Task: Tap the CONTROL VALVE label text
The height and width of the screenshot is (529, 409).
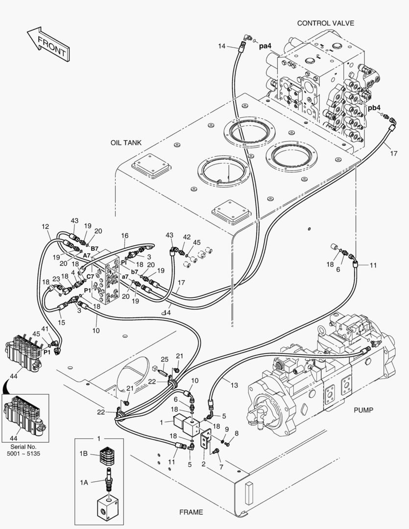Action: pyautogui.click(x=325, y=23)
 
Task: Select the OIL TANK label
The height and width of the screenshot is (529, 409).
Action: pyautogui.click(x=126, y=143)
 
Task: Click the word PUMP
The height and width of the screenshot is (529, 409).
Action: pyautogui.click(x=363, y=410)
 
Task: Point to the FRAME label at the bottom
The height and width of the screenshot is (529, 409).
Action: pyautogui.click(x=191, y=512)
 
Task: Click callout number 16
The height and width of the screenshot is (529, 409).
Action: pyautogui.click(x=125, y=236)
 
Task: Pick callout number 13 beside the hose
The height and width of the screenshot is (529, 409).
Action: pyautogui.click(x=234, y=385)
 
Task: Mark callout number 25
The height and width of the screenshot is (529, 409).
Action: pyautogui.click(x=165, y=360)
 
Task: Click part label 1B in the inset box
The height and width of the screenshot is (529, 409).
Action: pyautogui.click(x=83, y=454)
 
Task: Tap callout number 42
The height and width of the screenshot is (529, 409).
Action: pyautogui.click(x=186, y=237)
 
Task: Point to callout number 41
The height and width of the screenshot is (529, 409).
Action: pyautogui.click(x=45, y=329)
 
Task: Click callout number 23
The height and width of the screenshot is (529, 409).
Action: pyautogui.click(x=56, y=279)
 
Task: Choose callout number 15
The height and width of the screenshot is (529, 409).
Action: pyautogui.click(x=61, y=322)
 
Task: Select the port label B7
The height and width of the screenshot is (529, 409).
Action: pyautogui.click(x=94, y=248)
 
